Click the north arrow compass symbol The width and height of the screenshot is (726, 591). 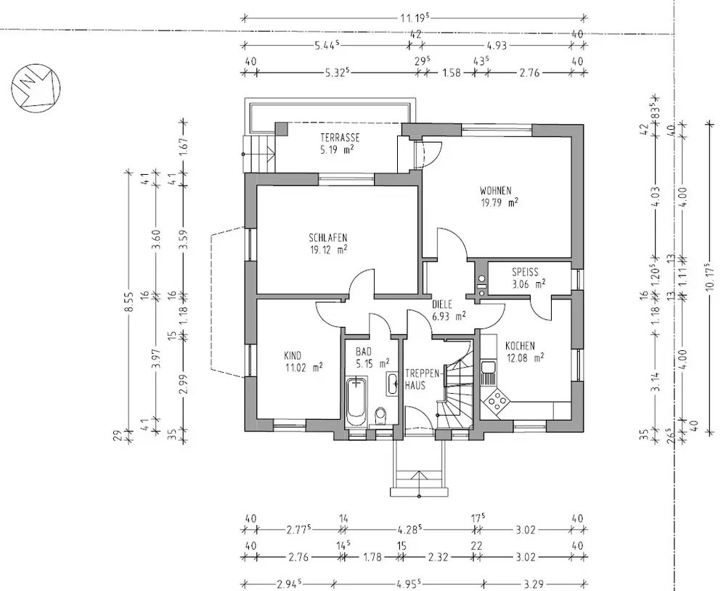pos(36,88)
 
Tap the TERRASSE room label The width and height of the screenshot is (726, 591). pos(340,138)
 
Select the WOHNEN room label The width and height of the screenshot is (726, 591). pos(495,191)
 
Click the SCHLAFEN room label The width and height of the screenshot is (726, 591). pos(328,238)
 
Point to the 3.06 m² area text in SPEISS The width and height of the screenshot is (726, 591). pos(529,284)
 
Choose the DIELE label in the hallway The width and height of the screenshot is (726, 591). pos(441,305)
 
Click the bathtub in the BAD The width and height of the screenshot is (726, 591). pos(356,402)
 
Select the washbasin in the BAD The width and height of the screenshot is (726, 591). pos(393,383)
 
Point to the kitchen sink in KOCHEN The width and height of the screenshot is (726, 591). pos(488,373)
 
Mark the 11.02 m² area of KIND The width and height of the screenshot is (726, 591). pos(303,368)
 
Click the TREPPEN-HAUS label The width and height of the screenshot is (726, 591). pos(415,379)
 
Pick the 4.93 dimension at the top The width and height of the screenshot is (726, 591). pos(497,45)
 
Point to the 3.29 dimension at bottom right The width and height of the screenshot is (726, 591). pos(534,584)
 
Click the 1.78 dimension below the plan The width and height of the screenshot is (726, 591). pos(370,557)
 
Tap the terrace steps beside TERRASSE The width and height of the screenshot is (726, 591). pos(259,154)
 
